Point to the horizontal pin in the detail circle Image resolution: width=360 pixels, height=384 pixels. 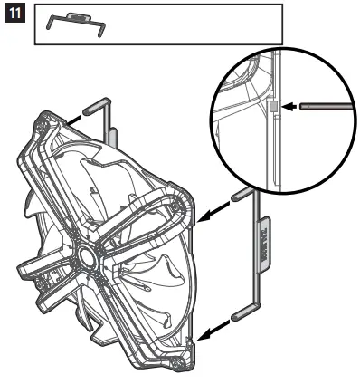click(322, 106)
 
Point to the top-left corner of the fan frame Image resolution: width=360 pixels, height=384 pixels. click(45, 124)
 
